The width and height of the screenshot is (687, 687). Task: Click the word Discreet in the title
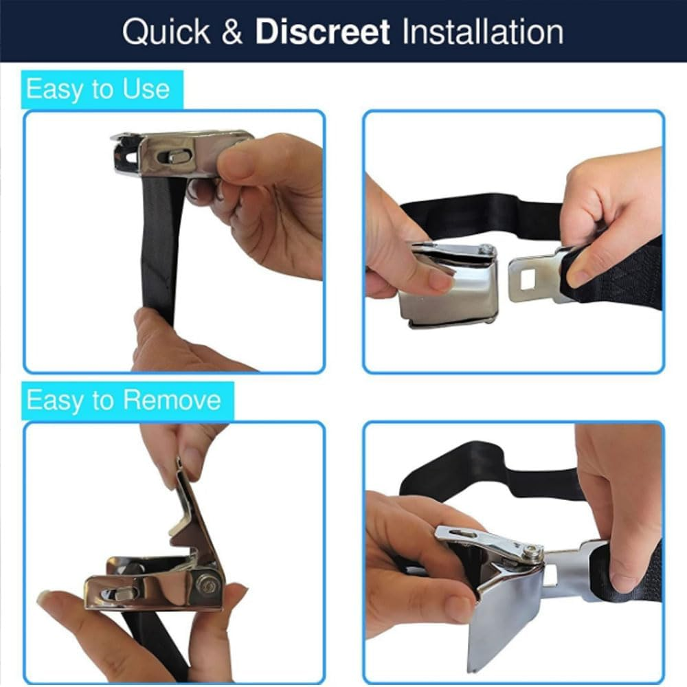(x=322, y=32)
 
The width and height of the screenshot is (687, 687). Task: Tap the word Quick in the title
(x=166, y=32)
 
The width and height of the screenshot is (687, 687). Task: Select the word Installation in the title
(x=483, y=32)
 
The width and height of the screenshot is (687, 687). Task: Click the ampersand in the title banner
(x=232, y=32)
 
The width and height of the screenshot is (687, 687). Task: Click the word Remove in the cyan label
(x=172, y=400)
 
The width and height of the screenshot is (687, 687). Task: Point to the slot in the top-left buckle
(x=178, y=157)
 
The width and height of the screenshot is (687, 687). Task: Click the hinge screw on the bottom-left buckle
(x=207, y=585)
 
